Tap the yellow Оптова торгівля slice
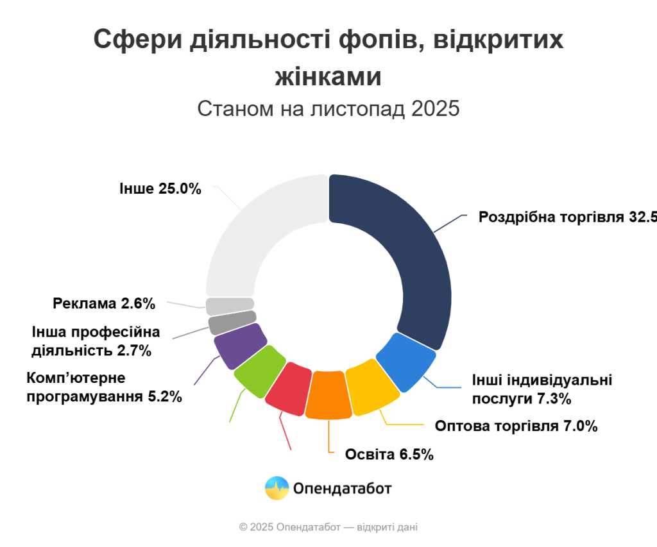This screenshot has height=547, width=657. point(371,385)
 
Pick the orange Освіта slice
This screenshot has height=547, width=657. point(328,394)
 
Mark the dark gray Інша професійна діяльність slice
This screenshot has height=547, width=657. point(232,322)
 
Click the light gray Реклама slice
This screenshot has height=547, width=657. point(230,306)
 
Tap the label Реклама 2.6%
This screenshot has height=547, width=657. point(104,304)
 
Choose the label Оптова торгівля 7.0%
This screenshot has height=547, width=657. point(516,426)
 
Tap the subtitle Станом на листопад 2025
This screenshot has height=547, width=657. point(328,108)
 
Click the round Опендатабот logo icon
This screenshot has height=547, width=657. point(277,489)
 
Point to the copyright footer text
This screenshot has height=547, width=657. point(328,527)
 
